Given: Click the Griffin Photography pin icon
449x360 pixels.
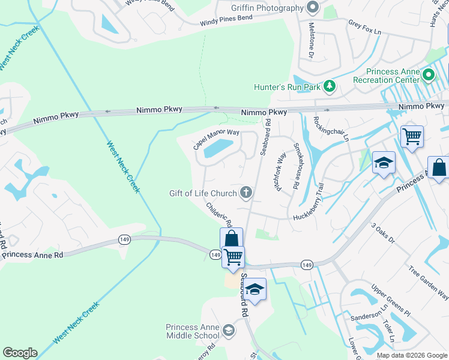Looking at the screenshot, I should (x=312, y=8).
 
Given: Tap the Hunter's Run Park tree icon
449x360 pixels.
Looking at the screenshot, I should (x=329, y=87).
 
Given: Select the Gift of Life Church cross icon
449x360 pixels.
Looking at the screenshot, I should (x=245, y=193).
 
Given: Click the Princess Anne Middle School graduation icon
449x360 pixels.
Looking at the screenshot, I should (x=228, y=331).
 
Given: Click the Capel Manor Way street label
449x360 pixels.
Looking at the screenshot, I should (x=215, y=139).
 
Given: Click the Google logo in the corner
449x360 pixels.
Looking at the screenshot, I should (x=20, y=353).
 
